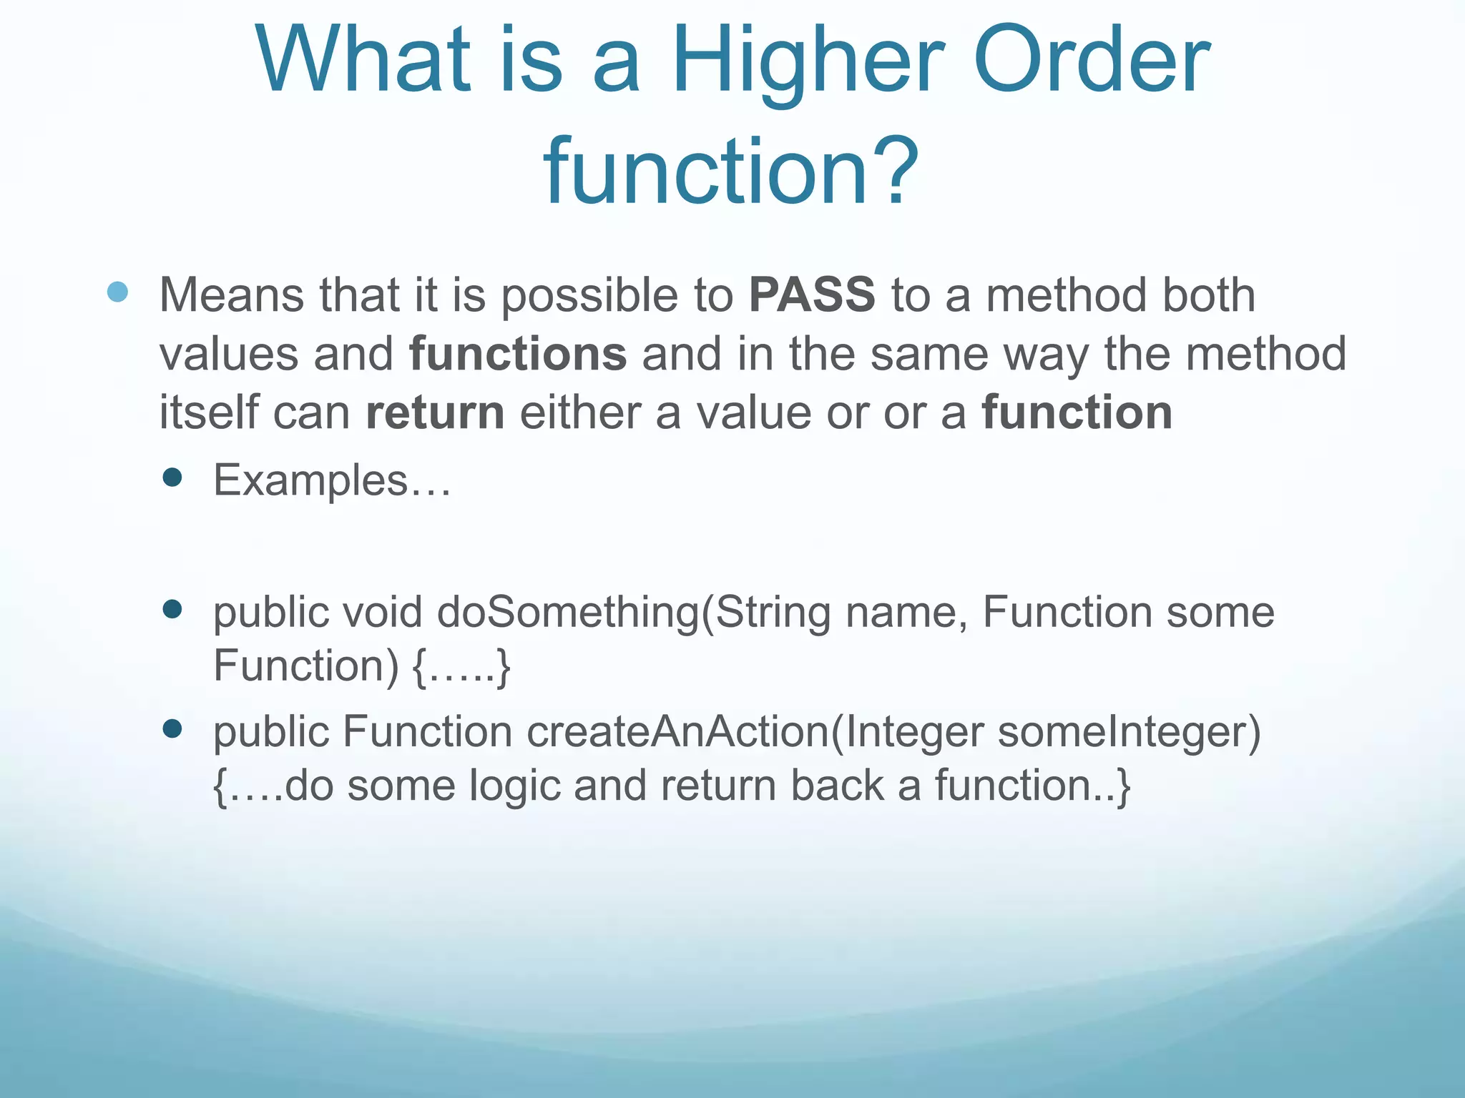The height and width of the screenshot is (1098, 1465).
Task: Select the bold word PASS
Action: pyautogui.click(x=812, y=295)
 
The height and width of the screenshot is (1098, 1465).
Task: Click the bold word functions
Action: pyautogui.click(x=518, y=354)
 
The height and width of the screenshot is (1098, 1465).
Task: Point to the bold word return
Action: pyautogui.click(x=435, y=412)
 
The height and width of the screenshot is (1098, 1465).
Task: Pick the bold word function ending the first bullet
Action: pyautogui.click(x=1077, y=412)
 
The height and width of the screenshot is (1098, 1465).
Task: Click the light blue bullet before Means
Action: pyautogui.click(x=117, y=292)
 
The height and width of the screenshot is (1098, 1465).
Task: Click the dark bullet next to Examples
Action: pyautogui.click(x=172, y=477)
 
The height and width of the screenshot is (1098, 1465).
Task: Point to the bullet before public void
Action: pyautogui.click(x=172, y=609)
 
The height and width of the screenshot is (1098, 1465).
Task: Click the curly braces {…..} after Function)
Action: pyautogui.click(x=461, y=666)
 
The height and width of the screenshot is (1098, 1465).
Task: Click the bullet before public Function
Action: pyautogui.click(x=172, y=728)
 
